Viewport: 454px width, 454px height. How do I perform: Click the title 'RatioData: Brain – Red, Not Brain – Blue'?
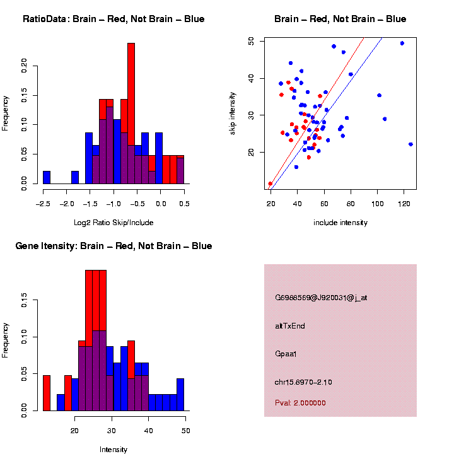coord(113,20)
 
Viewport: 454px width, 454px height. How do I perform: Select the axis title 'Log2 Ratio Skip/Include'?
coord(113,223)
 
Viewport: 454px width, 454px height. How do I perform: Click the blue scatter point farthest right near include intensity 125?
coord(410,144)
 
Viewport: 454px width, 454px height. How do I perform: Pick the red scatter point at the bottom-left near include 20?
coord(271,184)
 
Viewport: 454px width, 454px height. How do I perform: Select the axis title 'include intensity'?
coord(340,223)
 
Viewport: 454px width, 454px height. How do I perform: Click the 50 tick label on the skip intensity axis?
coord(251,41)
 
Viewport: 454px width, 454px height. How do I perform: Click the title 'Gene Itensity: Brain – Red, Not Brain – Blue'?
coord(113,246)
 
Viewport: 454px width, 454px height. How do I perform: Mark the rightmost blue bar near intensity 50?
coord(180,394)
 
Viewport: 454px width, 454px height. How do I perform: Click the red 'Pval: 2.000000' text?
coord(300,403)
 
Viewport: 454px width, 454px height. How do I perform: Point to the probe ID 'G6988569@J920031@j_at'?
coord(321,298)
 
